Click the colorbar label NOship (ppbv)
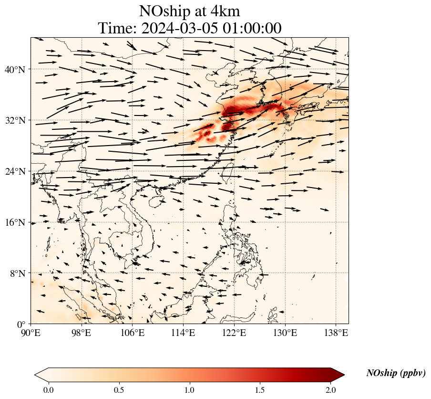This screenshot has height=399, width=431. tap(396, 373)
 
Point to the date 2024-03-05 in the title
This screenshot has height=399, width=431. tap(180, 28)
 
